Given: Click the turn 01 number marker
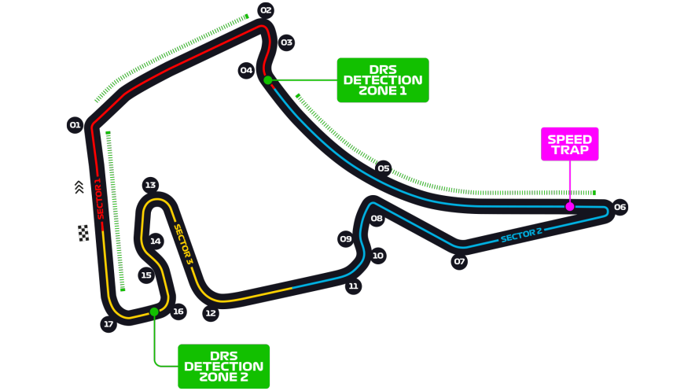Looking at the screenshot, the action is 75,125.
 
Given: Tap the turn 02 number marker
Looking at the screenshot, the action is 266,10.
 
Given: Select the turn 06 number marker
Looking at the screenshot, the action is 620,207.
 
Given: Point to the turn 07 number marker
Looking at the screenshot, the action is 459,261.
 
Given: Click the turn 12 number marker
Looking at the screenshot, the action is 211,313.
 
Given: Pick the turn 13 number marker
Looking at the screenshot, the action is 151,185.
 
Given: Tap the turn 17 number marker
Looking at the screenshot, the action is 108,324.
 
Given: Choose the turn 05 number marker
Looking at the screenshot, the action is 384,168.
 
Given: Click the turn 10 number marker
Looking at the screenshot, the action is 377,256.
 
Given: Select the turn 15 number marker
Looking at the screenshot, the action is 146,275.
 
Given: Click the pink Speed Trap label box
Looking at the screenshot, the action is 569,144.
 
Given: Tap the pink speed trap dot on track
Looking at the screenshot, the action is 569,207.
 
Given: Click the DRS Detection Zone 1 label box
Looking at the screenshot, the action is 383,80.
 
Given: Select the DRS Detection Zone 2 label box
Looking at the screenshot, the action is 224,367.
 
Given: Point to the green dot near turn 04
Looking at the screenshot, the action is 268,80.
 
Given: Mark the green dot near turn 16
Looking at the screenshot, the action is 154,312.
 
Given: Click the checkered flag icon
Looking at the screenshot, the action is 83,233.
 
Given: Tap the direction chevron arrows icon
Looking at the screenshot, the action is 79,187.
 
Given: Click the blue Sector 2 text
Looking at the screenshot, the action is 521,235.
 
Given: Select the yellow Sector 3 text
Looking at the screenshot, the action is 183,245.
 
